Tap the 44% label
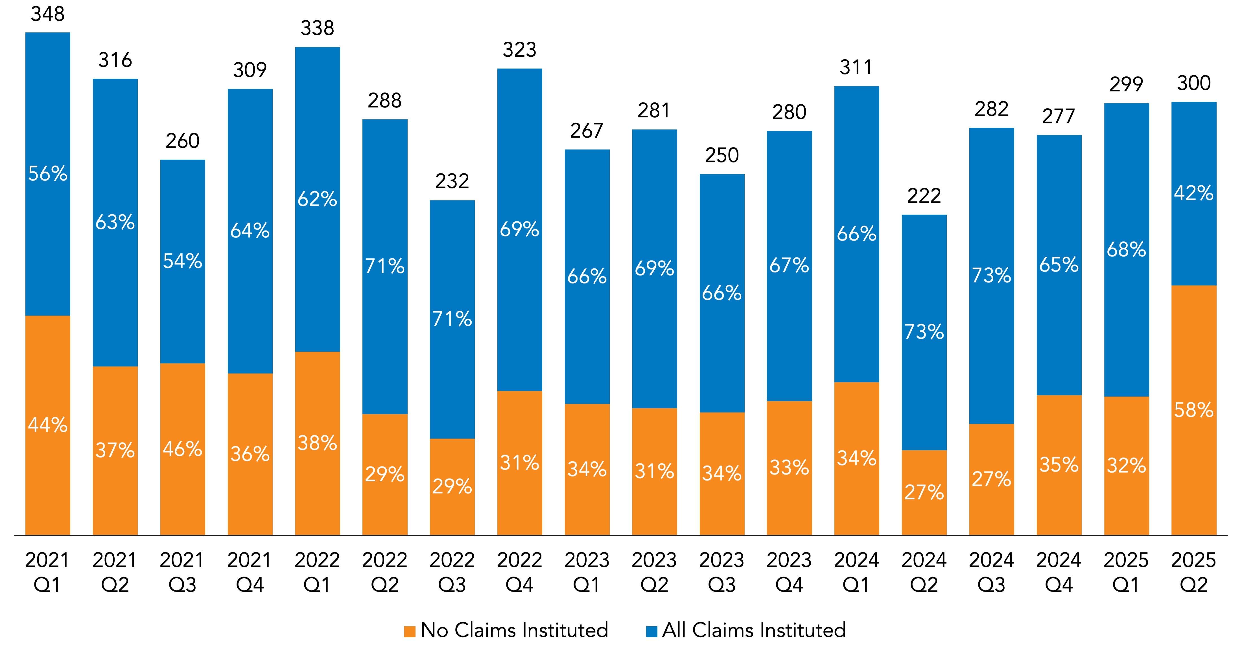point(48,425)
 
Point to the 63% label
point(115,222)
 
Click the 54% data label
point(183,261)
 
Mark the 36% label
point(250,454)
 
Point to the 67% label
point(789,265)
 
